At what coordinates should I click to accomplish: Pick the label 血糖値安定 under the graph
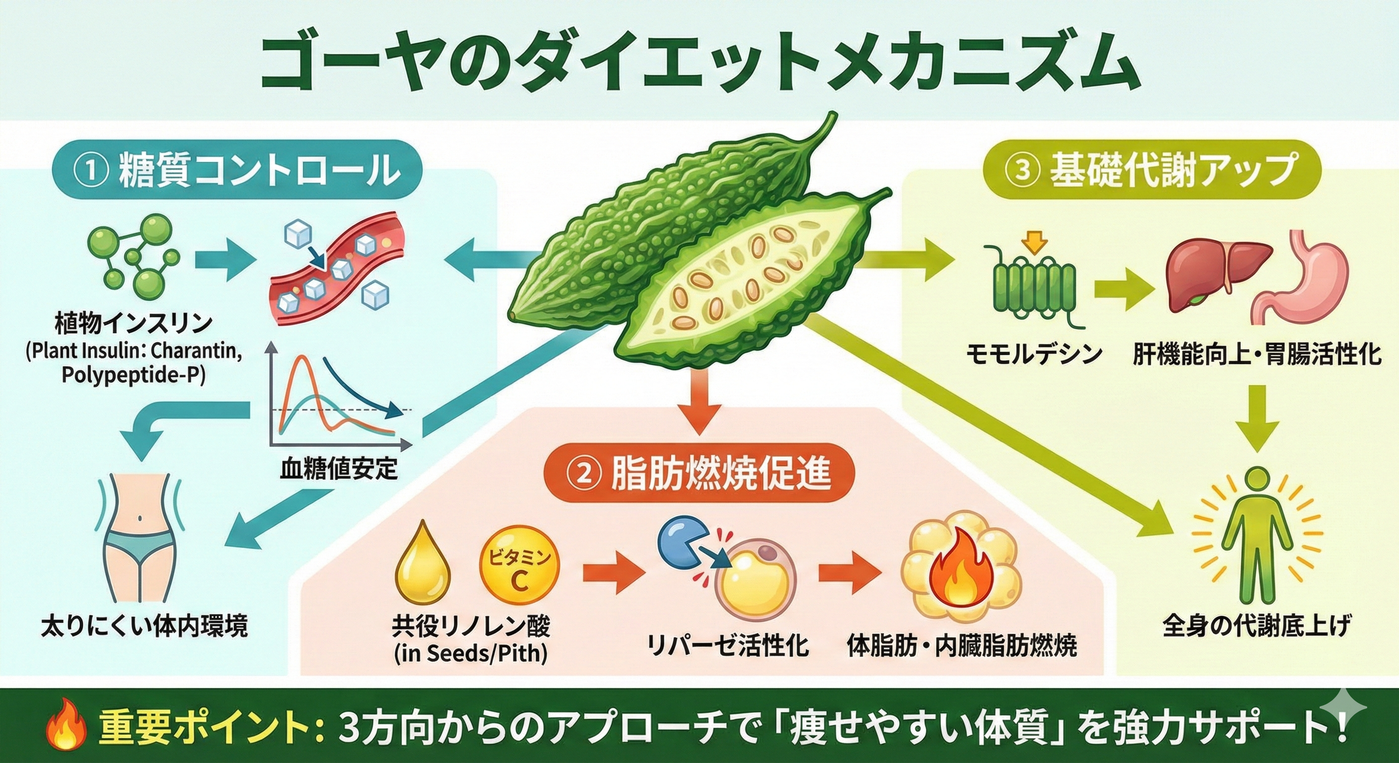click(x=339, y=467)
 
